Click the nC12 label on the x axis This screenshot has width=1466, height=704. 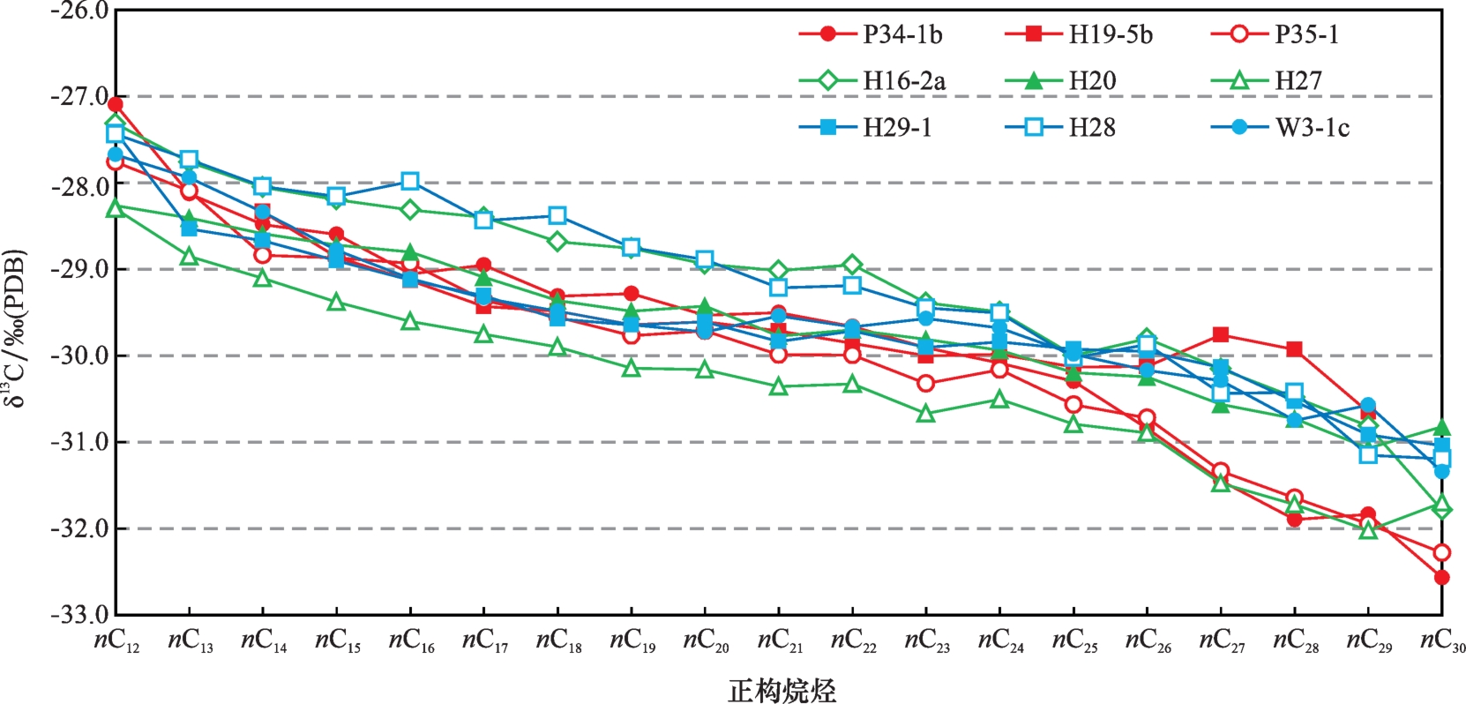tap(116, 641)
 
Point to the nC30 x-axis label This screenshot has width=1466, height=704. tap(1442, 641)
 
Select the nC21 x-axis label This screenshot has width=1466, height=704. tap(780, 641)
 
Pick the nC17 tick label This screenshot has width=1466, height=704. tap(485, 641)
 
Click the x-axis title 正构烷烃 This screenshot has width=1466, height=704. tap(782, 689)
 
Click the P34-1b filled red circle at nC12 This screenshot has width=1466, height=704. tap(116, 105)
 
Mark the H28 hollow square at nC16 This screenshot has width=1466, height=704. tap(410, 181)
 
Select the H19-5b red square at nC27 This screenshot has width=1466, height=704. tap(1221, 334)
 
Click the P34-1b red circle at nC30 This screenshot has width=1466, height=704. tap(1442, 578)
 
